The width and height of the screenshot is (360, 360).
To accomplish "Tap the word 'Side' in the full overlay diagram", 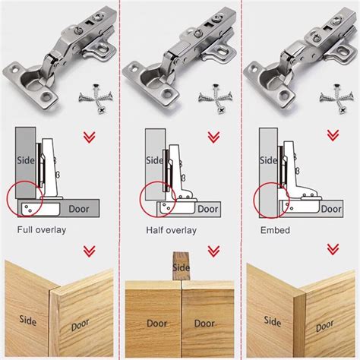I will point(24,160).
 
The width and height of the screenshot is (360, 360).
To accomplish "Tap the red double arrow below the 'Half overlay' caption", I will point(211,251).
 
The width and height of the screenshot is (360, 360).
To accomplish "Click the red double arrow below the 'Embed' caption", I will point(331,251).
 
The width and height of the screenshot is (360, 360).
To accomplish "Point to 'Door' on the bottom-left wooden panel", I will point(80,325).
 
